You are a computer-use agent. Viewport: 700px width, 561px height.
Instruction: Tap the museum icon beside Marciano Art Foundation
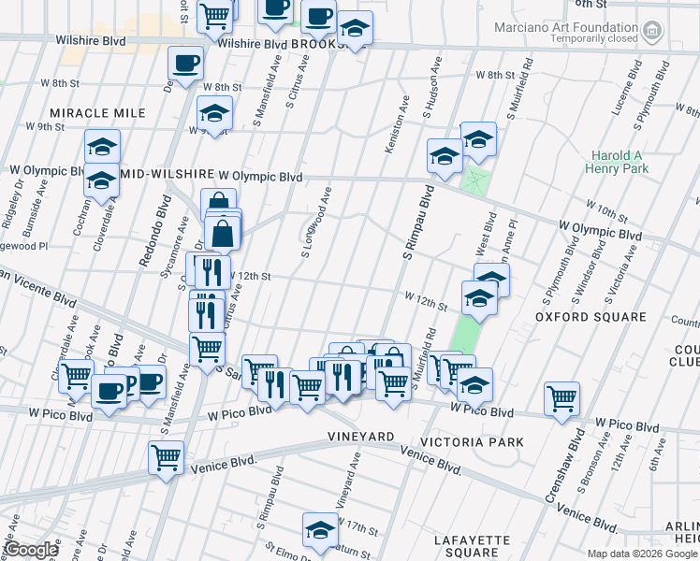(x=652, y=33)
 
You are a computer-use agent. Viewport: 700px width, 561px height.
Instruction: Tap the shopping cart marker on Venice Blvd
(x=166, y=457)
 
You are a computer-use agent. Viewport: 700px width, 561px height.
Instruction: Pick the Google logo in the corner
(x=31, y=551)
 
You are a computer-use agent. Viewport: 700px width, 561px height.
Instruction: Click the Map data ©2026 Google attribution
(x=641, y=554)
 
